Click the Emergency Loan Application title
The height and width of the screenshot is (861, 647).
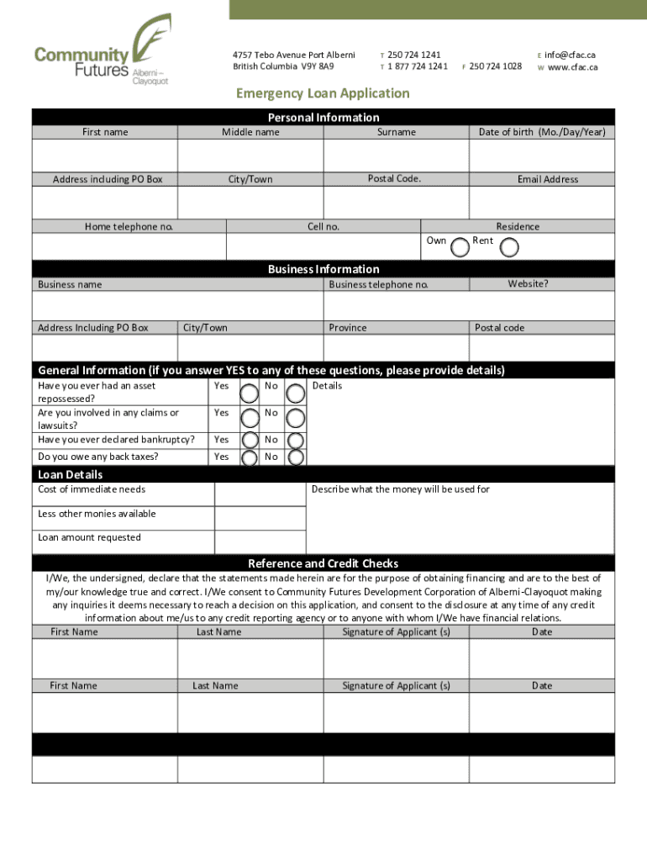(x=323, y=93)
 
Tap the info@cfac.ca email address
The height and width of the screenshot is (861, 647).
(x=571, y=55)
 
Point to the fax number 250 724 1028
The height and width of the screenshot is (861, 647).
(x=496, y=66)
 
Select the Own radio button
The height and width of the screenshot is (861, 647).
(x=460, y=247)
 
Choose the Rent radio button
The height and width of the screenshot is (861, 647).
(x=509, y=247)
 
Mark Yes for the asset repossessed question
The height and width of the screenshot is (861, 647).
(x=250, y=393)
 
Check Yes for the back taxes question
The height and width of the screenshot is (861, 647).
(x=250, y=457)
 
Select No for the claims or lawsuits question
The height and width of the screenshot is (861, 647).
(x=296, y=419)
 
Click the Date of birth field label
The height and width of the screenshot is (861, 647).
(x=541, y=132)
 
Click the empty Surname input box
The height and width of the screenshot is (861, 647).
(x=396, y=156)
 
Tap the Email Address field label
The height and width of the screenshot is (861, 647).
(x=548, y=179)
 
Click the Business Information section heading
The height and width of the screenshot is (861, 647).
(x=323, y=269)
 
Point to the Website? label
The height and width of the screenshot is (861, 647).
(x=528, y=284)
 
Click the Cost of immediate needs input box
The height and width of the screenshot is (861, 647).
(x=260, y=494)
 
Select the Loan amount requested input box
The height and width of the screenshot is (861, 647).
(x=260, y=541)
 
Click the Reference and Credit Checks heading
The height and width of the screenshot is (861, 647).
(x=323, y=563)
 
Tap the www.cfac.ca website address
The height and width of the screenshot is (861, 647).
(x=572, y=66)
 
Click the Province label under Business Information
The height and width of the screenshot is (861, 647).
(x=348, y=328)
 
